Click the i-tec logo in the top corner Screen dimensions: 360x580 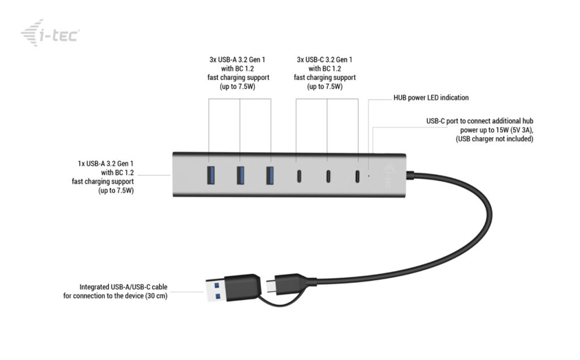(50, 32)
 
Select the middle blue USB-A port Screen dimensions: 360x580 (240, 175)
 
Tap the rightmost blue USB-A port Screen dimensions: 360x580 (270, 175)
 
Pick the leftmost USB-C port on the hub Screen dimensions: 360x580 (299, 176)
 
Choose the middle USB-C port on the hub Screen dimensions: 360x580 (329, 176)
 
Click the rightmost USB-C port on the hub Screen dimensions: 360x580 (358, 176)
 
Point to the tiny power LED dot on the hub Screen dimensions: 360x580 (369, 176)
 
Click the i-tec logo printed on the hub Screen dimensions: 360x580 (387, 175)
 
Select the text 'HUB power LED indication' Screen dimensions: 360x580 (431, 98)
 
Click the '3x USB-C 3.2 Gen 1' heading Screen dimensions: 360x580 (327, 59)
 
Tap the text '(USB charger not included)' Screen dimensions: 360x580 (494, 139)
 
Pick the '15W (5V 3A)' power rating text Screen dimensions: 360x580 (511, 130)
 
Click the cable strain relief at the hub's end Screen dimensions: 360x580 (411, 174)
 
